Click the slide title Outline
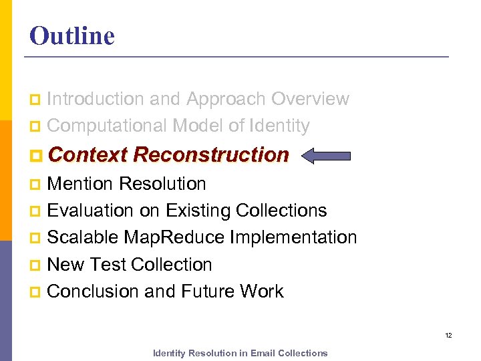[x=72, y=35]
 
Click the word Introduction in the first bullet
[x=96, y=99]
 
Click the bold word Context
[x=88, y=155]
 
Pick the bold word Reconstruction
[x=211, y=155]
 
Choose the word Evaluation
[x=91, y=211]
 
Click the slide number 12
[x=448, y=335]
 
